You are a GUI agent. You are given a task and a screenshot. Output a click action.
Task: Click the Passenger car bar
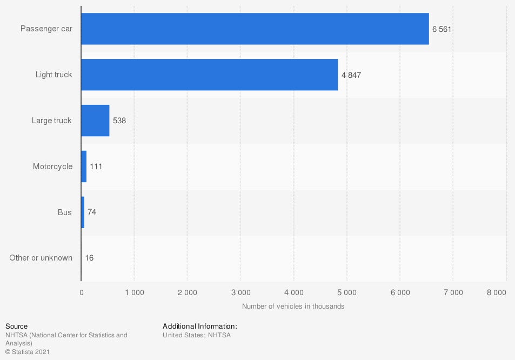[x=255, y=29]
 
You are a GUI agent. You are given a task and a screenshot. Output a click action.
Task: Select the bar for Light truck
[x=210, y=75]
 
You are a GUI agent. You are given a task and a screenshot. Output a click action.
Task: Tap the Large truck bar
[x=95, y=121]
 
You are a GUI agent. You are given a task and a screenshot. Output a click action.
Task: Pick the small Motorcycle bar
[x=84, y=166]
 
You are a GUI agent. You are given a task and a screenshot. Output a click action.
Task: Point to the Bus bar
[x=83, y=212]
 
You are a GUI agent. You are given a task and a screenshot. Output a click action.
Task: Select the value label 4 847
[x=351, y=75]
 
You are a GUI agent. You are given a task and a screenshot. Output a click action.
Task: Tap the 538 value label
[x=119, y=121]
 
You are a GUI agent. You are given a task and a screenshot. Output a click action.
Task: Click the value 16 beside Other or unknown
[x=89, y=258]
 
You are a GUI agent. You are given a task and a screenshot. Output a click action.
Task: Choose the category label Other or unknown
[x=41, y=258]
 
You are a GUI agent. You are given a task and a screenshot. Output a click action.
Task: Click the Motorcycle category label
[x=52, y=166]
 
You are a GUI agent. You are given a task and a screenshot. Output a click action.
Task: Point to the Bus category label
[x=64, y=212]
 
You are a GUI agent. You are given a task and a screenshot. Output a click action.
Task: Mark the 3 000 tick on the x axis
[x=240, y=292]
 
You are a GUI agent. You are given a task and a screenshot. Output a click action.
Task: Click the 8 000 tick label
[x=496, y=292]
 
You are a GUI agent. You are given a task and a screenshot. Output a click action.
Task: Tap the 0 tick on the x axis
[x=82, y=292]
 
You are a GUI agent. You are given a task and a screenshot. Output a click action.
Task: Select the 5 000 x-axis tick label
[x=346, y=292]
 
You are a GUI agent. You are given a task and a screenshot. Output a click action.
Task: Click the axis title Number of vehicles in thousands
[x=293, y=306]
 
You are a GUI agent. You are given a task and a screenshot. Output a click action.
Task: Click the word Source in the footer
[x=16, y=326]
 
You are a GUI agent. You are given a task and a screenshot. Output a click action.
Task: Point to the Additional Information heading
[x=199, y=326]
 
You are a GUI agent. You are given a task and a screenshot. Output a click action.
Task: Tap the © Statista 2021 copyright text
[x=28, y=351]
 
